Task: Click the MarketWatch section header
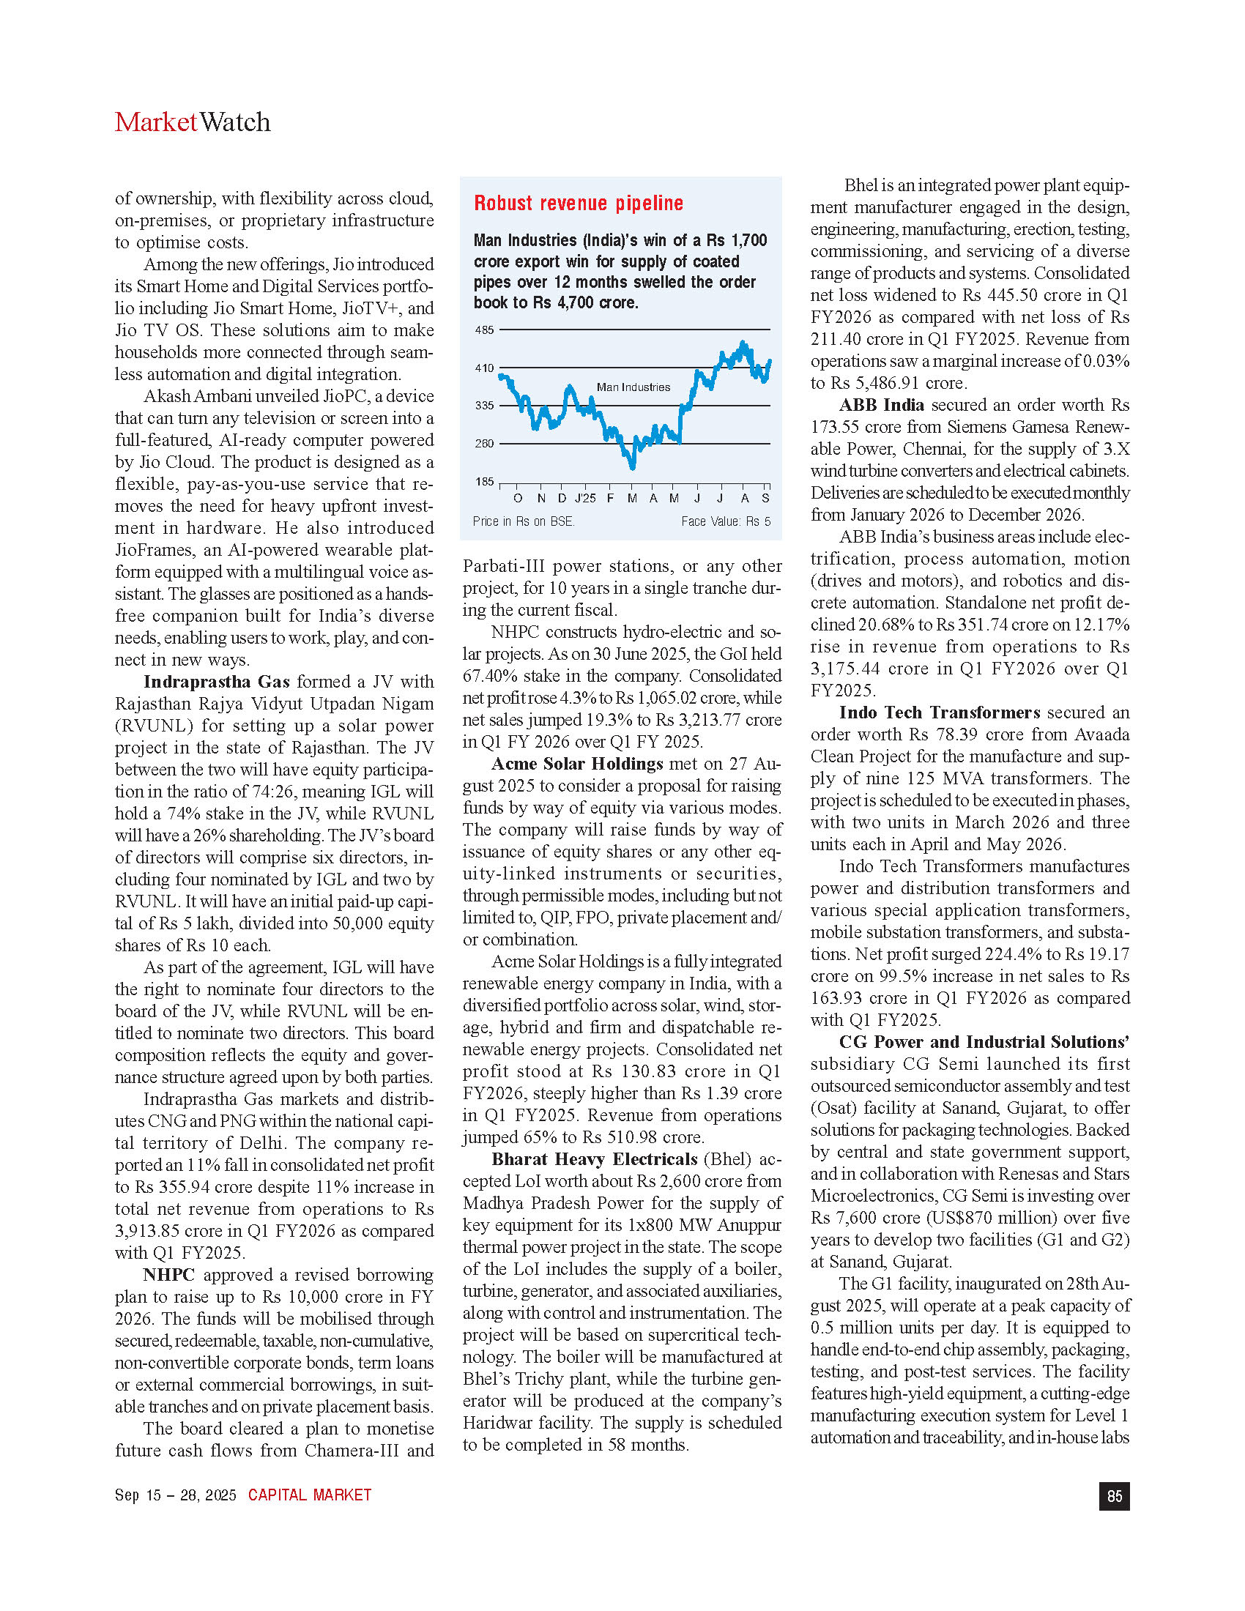pyautogui.click(x=193, y=122)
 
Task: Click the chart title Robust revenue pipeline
pyautogui.click(x=579, y=204)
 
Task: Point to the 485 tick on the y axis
pyautogui.click(x=484, y=330)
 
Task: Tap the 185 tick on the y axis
pyautogui.click(x=484, y=482)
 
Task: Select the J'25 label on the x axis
pyautogui.click(x=584, y=499)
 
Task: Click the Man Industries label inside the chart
pyautogui.click(x=633, y=387)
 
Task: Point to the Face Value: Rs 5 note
pyautogui.click(x=725, y=521)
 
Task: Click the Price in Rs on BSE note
pyautogui.click(x=523, y=521)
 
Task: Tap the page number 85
pyautogui.click(x=1114, y=1495)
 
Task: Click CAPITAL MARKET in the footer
pyautogui.click(x=309, y=1495)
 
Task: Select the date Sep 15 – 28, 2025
pyautogui.click(x=176, y=1495)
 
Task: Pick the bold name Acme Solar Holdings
pyautogui.click(x=578, y=764)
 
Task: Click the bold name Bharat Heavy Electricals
pyautogui.click(x=595, y=1159)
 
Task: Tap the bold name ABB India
pyautogui.click(x=881, y=405)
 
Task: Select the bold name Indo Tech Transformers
pyautogui.click(x=939, y=713)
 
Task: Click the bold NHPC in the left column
pyautogui.click(x=169, y=1275)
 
